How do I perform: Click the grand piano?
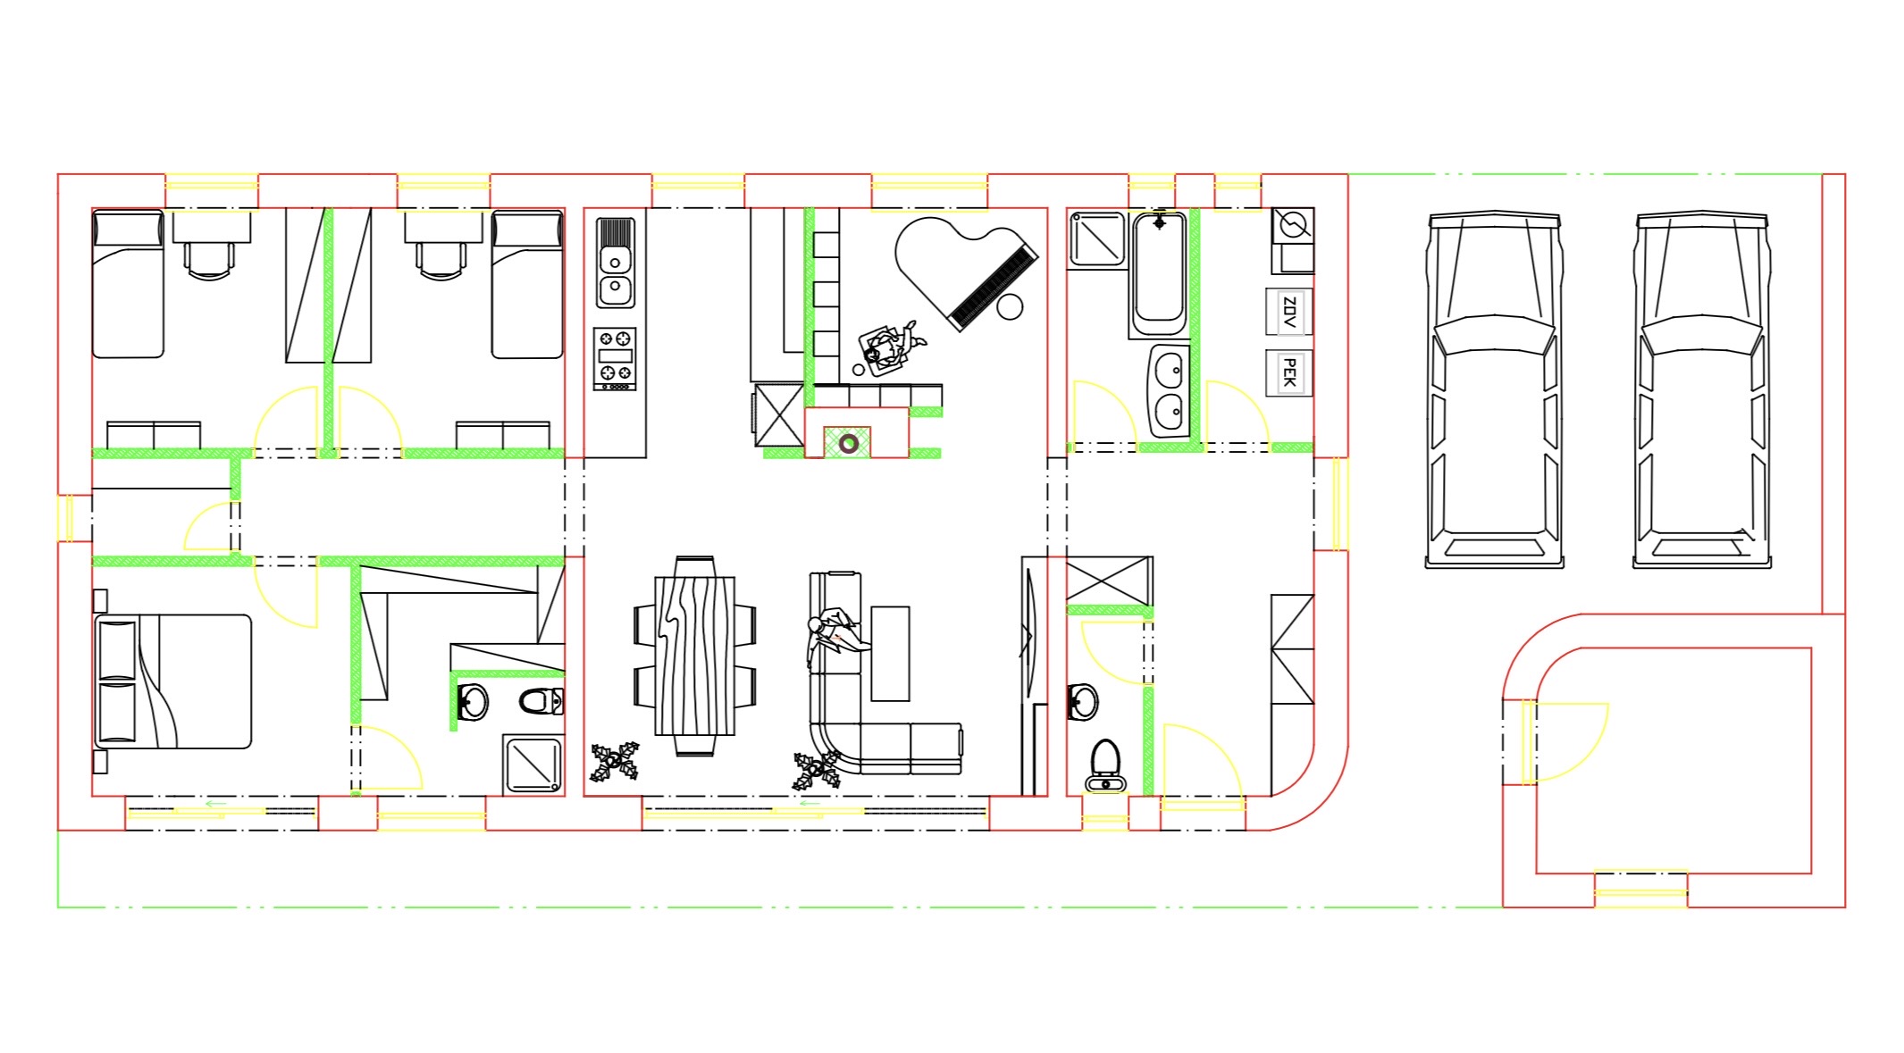click(965, 268)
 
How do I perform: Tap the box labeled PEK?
click(1288, 372)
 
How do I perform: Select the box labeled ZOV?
click(1288, 312)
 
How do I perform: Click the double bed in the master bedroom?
click(172, 681)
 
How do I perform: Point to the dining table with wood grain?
click(695, 656)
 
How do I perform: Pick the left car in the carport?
click(1494, 389)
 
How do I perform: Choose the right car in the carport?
click(1702, 389)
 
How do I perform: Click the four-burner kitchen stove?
click(615, 358)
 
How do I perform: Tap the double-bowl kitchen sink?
click(615, 263)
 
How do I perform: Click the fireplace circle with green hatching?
click(848, 442)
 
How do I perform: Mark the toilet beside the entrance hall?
click(1106, 765)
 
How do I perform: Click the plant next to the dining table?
click(615, 762)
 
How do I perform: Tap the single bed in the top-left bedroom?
click(129, 284)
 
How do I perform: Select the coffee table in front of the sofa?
click(890, 654)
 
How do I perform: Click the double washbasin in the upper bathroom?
click(1169, 390)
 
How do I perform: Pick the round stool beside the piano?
click(1010, 307)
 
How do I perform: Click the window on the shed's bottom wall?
click(1641, 890)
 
